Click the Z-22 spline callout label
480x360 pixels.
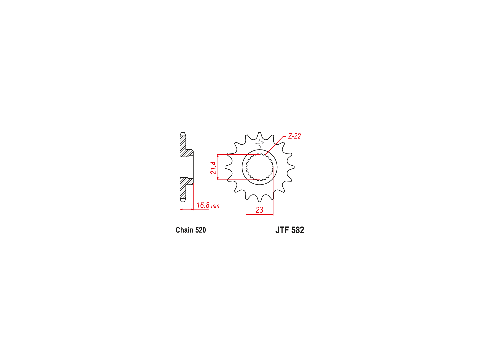point(294,136)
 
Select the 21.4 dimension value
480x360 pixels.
point(213,168)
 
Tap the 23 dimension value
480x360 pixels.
point(259,210)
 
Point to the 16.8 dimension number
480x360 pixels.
point(203,205)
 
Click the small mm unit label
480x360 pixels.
point(215,206)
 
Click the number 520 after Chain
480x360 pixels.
point(201,230)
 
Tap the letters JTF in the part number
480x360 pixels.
point(282,230)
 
